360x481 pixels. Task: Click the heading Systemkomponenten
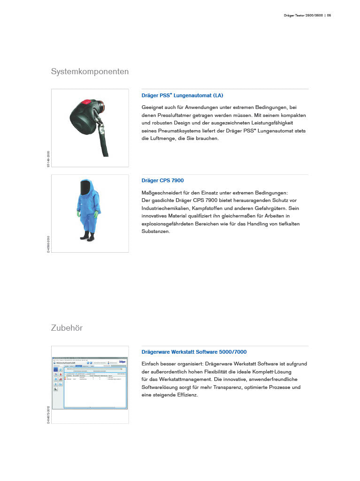[90, 72]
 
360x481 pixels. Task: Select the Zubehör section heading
[67, 328]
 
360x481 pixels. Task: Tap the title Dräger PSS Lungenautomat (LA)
[182, 95]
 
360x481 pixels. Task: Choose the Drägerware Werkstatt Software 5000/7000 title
[194, 352]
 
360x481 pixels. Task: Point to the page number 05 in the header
[329, 16]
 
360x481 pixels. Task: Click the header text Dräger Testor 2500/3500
[304, 16]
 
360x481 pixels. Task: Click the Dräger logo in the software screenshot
[123, 361]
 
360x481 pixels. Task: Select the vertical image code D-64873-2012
[48, 414]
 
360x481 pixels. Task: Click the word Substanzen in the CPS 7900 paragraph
[156, 232]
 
